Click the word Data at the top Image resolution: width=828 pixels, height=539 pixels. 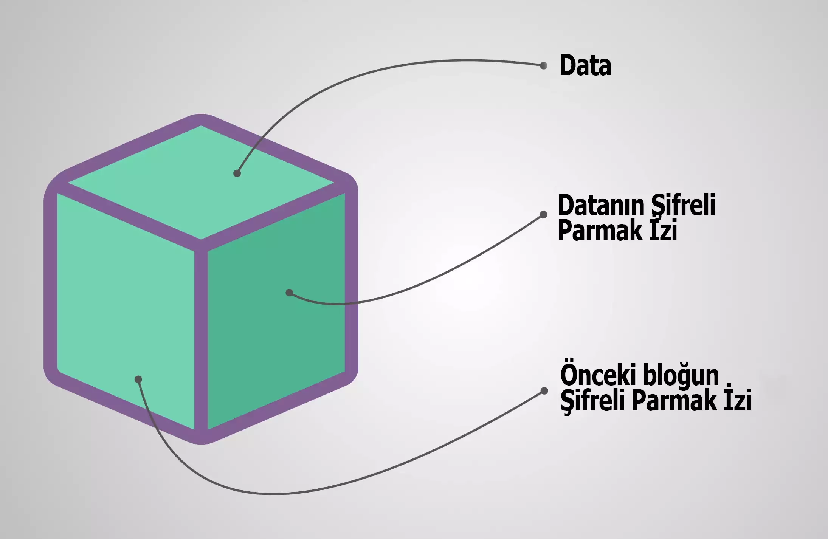pyautogui.click(x=585, y=66)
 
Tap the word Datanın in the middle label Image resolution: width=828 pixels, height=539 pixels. pyautogui.click(x=601, y=206)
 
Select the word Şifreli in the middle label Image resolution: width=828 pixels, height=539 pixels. pyautogui.click(x=683, y=206)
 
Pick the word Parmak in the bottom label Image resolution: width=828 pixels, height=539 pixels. pyautogui.click(x=674, y=401)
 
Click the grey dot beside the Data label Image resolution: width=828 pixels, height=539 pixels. pyautogui.click(x=544, y=66)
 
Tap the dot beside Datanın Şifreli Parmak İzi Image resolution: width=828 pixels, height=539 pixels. pyautogui.click(x=544, y=215)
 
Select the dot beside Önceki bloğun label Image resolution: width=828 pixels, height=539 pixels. pyautogui.click(x=544, y=390)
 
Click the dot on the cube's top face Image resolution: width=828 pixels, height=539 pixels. pyautogui.click(x=237, y=173)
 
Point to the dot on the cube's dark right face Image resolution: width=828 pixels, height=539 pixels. pyautogui.click(x=289, y=293)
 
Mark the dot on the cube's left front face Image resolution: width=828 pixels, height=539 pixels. pyautogui.click(x=138, y=379)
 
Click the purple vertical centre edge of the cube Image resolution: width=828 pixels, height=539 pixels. pyautogui.click(x=201, y=340)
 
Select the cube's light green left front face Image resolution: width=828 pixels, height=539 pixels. pyautogui.click(x=125, y=302)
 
